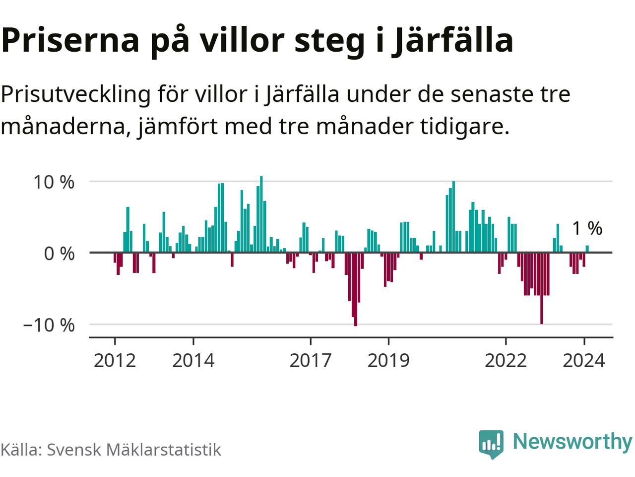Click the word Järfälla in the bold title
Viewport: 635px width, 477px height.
point(452,41)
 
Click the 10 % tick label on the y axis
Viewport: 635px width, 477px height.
point(54,182)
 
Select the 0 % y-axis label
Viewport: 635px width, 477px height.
point(59,253)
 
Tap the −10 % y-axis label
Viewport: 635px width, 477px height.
point(49,325)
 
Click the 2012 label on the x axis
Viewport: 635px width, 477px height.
point(115,360)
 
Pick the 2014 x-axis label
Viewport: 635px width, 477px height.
point(193,360)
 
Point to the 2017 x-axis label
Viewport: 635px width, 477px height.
point(310,360)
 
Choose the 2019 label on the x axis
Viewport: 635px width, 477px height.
point(388,360)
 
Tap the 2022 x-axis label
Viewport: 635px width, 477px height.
point(506,360)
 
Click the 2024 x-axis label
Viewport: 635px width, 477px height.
point(584,360)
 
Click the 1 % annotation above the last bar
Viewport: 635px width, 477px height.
point(587,229)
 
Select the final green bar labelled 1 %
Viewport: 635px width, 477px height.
point(587,249)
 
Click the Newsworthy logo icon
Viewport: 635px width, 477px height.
point(491,443)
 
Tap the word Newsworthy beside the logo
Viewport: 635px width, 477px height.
point(572,441)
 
